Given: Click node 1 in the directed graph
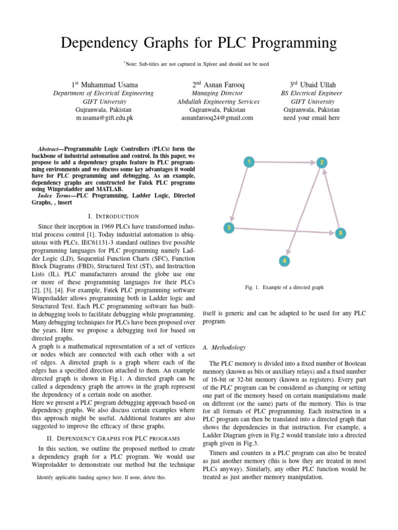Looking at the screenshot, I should pos(249,161).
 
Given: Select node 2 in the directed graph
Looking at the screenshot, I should pos(322,163).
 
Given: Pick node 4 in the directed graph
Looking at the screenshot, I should pos(283,260).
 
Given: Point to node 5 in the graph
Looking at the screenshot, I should pos(340,233).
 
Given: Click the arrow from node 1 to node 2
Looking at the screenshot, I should pos(285,162).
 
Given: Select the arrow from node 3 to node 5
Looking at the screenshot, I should pos(284,230).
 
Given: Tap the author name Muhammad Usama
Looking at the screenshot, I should pos(109,84).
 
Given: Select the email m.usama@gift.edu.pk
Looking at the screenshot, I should pos(104,118).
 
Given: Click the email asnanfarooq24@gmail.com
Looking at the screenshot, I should pos(218,118).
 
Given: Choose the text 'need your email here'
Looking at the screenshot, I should pos(311,118).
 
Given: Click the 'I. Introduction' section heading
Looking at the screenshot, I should pos(113,216).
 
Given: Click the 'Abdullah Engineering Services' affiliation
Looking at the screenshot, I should pos(218,101).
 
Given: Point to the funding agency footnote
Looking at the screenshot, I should pos(102,477).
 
